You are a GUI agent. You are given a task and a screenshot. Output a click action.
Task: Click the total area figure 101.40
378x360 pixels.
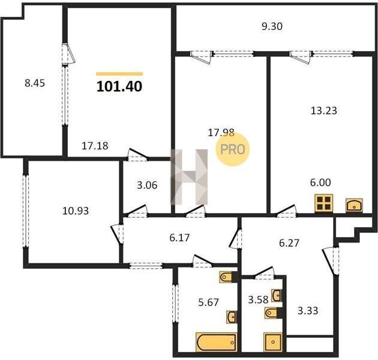(119, 86)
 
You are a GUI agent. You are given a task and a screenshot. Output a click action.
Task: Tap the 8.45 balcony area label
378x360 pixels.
(35, 83)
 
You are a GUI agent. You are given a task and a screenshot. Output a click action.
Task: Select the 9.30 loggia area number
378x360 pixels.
(272, 26)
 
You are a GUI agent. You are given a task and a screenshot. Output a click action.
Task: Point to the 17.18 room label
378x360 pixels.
(95, 146)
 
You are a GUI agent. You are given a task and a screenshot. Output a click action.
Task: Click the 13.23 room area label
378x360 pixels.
(324, 110)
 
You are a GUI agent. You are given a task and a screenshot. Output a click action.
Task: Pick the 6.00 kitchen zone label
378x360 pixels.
(320, 182)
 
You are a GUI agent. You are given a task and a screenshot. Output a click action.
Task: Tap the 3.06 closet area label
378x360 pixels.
(147, 185)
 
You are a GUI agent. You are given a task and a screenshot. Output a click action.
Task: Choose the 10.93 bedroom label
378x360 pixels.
(76, 211)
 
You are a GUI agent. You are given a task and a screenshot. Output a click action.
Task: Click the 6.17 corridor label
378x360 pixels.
(179, 238)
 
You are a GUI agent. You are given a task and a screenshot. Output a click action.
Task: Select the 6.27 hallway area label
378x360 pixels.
(289, 243)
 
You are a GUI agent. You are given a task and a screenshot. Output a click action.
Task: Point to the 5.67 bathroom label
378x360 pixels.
(209, 302)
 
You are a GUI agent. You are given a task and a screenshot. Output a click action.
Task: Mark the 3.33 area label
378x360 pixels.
(308, 311)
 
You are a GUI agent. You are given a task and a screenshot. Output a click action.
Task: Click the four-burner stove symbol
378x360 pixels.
(324, 203)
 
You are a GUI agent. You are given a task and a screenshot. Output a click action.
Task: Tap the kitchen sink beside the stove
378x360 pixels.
(354, 205)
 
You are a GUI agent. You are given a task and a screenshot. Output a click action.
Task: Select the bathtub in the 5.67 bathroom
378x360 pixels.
(217, 342)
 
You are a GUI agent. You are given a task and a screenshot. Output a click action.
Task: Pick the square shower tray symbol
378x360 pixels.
(273, 342)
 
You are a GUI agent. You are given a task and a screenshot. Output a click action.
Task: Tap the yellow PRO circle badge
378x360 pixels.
(233, 149)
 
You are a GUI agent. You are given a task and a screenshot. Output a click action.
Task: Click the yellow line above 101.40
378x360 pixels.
(119, 74)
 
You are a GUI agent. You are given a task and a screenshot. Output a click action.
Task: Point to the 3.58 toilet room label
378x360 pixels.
(258, 300)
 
